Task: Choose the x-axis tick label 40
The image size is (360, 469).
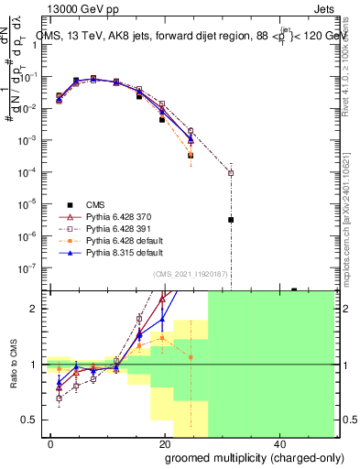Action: coord(277,442)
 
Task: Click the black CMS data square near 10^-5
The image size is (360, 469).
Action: coord(231,220)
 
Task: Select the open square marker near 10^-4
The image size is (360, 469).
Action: coord(231,172)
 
